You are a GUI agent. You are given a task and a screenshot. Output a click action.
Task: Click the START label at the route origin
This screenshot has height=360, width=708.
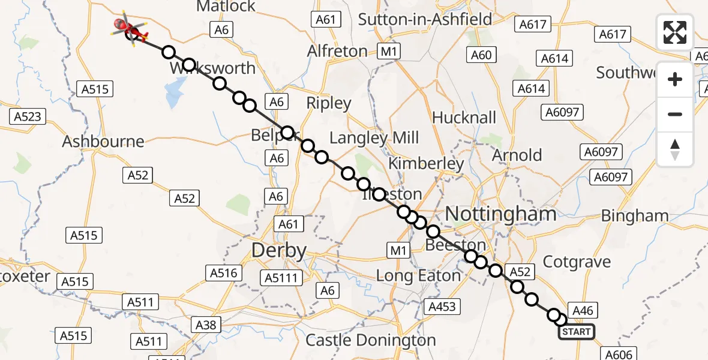576,332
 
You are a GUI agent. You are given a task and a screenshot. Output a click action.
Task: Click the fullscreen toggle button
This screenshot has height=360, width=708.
675,32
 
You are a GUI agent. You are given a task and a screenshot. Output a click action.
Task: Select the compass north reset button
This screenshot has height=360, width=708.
675,149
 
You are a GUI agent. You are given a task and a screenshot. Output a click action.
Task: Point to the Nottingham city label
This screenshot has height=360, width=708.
492,214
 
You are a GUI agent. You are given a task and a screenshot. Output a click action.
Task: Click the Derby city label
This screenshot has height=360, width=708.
278,250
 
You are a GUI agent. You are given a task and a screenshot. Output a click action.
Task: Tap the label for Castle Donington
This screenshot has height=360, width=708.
370,340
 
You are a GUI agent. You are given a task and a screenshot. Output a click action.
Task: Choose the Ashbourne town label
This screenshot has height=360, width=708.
103,142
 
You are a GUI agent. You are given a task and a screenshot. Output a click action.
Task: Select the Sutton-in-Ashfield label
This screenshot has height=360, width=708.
425,19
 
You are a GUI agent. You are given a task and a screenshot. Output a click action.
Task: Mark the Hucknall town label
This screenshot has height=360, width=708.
464,117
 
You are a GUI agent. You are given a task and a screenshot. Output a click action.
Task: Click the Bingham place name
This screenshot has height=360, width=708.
634,215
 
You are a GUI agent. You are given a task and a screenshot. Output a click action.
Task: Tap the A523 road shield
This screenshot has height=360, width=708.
28,116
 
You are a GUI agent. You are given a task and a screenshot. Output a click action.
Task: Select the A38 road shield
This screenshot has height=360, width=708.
206,325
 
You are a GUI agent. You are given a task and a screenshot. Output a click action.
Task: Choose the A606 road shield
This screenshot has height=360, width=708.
616,355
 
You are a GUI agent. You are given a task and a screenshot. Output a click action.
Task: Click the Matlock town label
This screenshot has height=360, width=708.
226,7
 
